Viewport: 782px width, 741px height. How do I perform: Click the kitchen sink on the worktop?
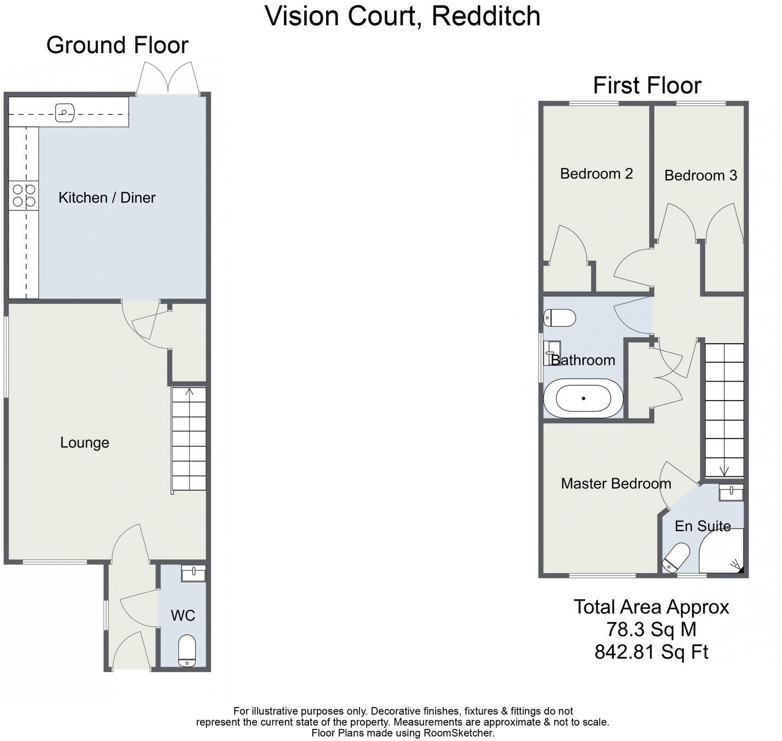65,113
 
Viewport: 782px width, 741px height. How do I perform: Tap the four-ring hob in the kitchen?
24,195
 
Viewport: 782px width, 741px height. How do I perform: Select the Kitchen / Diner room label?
107,197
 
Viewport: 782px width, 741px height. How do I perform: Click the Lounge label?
84,442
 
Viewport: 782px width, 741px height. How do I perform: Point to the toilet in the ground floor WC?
187,651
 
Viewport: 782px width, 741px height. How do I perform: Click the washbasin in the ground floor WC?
193,573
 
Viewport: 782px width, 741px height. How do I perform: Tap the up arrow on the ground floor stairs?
190,392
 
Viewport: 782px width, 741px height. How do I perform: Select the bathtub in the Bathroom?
583,398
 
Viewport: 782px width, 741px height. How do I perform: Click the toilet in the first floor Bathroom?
560,318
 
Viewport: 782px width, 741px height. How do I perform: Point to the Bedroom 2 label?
596,174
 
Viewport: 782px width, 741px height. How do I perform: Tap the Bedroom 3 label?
700,175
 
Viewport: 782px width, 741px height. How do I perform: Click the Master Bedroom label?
616,483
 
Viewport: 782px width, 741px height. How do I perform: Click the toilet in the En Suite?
676,556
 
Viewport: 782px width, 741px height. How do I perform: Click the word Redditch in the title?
486,16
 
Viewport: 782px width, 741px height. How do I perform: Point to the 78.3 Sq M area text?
651,629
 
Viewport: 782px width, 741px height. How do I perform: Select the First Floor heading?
647,86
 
